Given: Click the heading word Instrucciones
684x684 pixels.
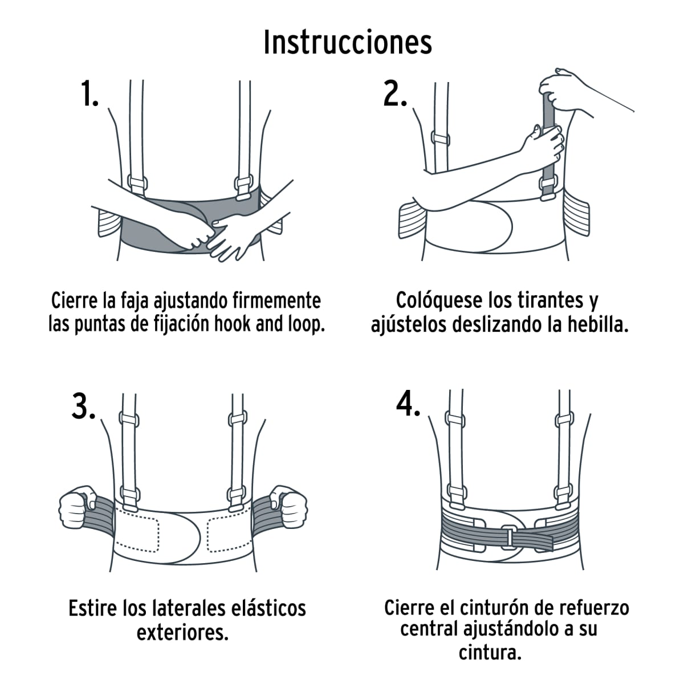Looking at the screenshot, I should coord(347,42).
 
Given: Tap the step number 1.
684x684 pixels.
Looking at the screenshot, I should coord(89,94).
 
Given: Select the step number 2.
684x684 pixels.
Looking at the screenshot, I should coord(395,94).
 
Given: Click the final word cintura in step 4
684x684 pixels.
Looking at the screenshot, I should coord(490,653).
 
